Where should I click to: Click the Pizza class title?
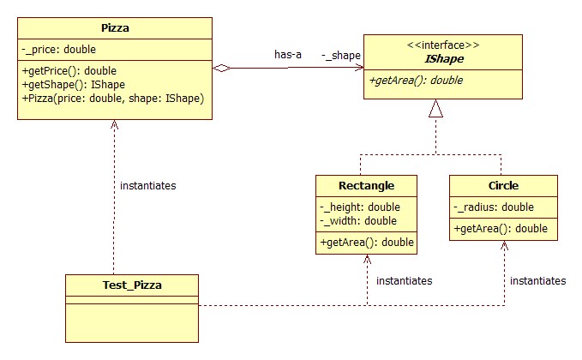115,28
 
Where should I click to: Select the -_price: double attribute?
58,50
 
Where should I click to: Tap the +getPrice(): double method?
69,71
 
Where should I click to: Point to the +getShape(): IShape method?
74,85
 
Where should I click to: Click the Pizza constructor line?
113,99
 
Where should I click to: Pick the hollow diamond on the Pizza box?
222,68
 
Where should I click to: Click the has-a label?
288,55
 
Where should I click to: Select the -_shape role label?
341,56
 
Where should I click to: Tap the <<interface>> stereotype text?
443,45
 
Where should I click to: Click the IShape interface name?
444,58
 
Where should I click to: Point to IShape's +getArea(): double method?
416,81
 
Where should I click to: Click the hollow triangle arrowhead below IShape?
435,108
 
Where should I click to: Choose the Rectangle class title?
366,185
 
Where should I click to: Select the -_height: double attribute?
360,207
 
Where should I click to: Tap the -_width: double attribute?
358,221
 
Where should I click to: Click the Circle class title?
503,185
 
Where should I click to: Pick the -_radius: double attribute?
494,207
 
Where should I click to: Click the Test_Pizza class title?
132,285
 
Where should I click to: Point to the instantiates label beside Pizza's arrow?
147,185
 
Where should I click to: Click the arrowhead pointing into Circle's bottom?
504,245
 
